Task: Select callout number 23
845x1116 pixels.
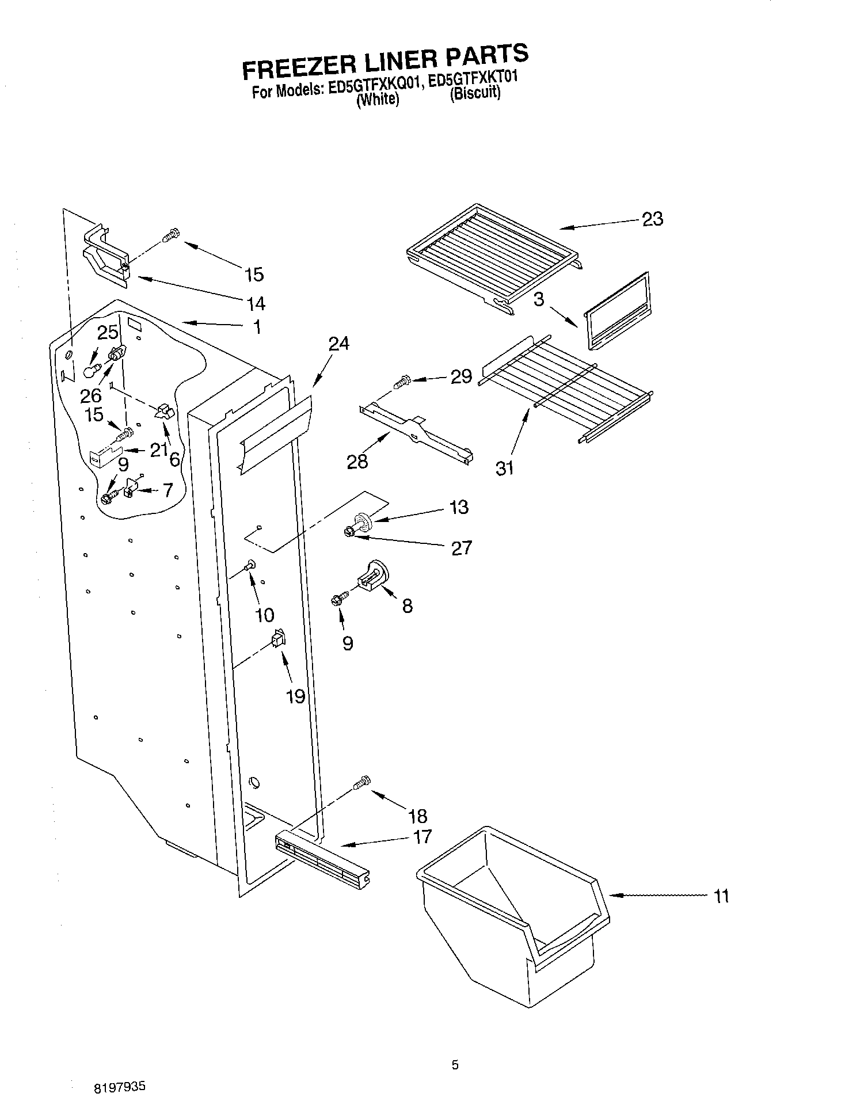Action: [x=652, y=219]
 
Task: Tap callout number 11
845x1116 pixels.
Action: [x=721, y=896]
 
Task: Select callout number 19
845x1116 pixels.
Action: [x=295, y=696]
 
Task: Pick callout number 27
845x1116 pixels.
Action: [x=462, y=548]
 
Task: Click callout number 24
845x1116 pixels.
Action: [x=339, y=344]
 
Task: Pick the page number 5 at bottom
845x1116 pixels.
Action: [x=455, y=1065]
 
